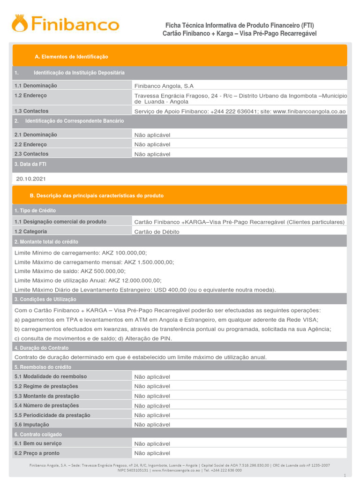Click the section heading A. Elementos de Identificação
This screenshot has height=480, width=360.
71,57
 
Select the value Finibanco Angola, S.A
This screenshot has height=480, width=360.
164,86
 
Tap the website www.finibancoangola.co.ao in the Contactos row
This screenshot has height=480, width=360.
309,112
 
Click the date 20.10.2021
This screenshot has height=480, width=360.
31,179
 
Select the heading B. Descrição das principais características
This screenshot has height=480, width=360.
99,195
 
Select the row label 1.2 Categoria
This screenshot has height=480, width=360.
30,232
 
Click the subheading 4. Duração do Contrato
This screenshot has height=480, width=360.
41,348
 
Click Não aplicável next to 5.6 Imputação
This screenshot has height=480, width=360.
152,425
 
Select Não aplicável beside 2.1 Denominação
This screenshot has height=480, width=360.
152,135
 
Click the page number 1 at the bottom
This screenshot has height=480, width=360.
344,474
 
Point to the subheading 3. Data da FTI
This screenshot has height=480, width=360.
30,164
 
